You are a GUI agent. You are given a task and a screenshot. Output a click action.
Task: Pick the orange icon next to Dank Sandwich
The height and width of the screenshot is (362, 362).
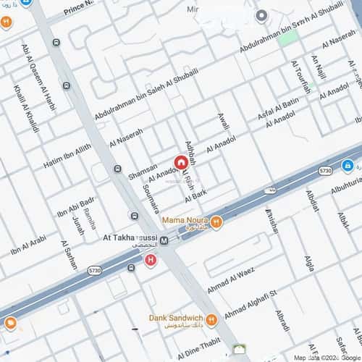click(211, 319)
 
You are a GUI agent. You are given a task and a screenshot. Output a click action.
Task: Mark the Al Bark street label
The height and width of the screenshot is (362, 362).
click(195, 195)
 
